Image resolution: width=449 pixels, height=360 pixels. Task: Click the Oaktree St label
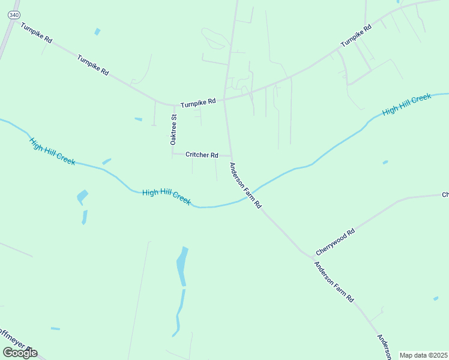tap(173, 130)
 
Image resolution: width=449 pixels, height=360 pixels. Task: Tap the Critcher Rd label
tap(202, 155)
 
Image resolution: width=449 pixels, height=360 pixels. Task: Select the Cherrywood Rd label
tap(336, 241)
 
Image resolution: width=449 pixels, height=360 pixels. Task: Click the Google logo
tap(20, 352)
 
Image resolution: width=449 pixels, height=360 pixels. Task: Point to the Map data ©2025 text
tap(423, 355)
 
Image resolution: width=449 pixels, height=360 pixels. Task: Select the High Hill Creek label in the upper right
tap(407, 104)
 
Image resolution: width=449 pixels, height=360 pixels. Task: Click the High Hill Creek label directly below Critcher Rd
tap(166, 197)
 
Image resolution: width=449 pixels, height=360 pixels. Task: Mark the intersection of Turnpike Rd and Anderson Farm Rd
tap(225, 99)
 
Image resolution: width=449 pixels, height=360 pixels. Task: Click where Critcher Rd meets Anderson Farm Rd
tap(230, 155)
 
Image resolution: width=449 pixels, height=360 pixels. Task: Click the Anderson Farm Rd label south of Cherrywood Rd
tap(334, 282)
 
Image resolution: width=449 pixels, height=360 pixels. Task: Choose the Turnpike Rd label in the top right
tap(357, 36)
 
